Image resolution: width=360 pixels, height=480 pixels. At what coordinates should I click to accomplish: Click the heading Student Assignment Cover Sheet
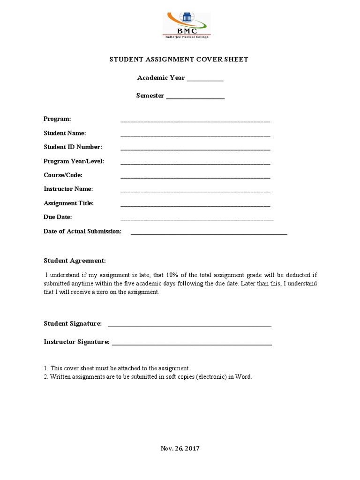coord(179,60)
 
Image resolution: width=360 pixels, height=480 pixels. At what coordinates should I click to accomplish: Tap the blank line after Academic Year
coord(205,80)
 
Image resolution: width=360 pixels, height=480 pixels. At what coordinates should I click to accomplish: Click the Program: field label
coord(57,119)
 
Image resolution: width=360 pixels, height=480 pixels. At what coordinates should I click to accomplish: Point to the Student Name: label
coord(65,133)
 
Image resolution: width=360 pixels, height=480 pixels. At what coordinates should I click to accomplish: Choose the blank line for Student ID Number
coord(195,150)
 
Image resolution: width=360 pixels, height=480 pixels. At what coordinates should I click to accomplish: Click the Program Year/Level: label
coord(74,161)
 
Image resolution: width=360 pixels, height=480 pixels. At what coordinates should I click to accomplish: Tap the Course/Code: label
coord(63,175)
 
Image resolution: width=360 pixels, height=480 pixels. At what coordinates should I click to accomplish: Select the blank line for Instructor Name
coord(195,192)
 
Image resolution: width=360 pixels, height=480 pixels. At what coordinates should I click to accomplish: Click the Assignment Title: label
coord(68,203)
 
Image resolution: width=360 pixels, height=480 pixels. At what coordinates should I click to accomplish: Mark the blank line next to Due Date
coord(197,219)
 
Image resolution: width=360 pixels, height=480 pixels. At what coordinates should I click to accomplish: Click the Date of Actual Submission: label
coord(82,232)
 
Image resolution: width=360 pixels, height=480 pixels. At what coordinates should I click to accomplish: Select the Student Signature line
coord(189,326)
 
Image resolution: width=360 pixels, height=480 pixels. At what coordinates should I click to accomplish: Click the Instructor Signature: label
coord(76,342)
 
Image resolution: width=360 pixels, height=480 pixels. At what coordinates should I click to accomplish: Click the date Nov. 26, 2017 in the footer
coord(180,449)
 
